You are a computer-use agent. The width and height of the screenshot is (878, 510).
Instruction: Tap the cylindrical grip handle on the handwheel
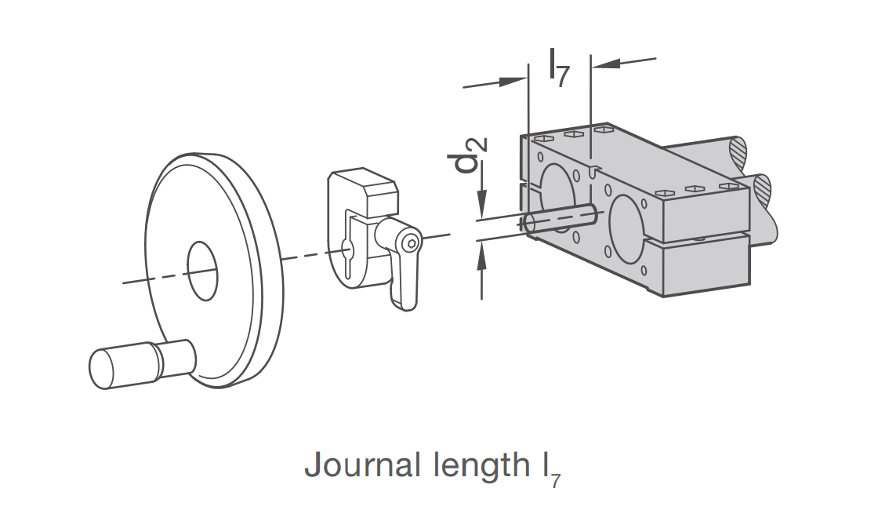[141, 363]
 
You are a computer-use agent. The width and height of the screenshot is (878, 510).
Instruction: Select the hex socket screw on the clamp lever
[412, 242]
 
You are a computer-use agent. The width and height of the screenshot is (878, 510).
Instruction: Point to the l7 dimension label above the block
[560, 67]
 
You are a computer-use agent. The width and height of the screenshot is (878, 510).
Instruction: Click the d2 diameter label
[467, 155]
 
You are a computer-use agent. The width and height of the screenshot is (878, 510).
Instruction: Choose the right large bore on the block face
[628, 228]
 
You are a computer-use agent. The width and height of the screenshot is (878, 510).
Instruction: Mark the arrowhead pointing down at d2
[481, 202]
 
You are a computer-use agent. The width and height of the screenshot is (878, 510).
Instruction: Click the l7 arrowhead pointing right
[513, 82]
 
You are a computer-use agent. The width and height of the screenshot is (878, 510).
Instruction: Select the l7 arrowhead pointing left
[606, 63]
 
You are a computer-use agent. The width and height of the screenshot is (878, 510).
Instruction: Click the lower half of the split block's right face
[706, 266]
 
